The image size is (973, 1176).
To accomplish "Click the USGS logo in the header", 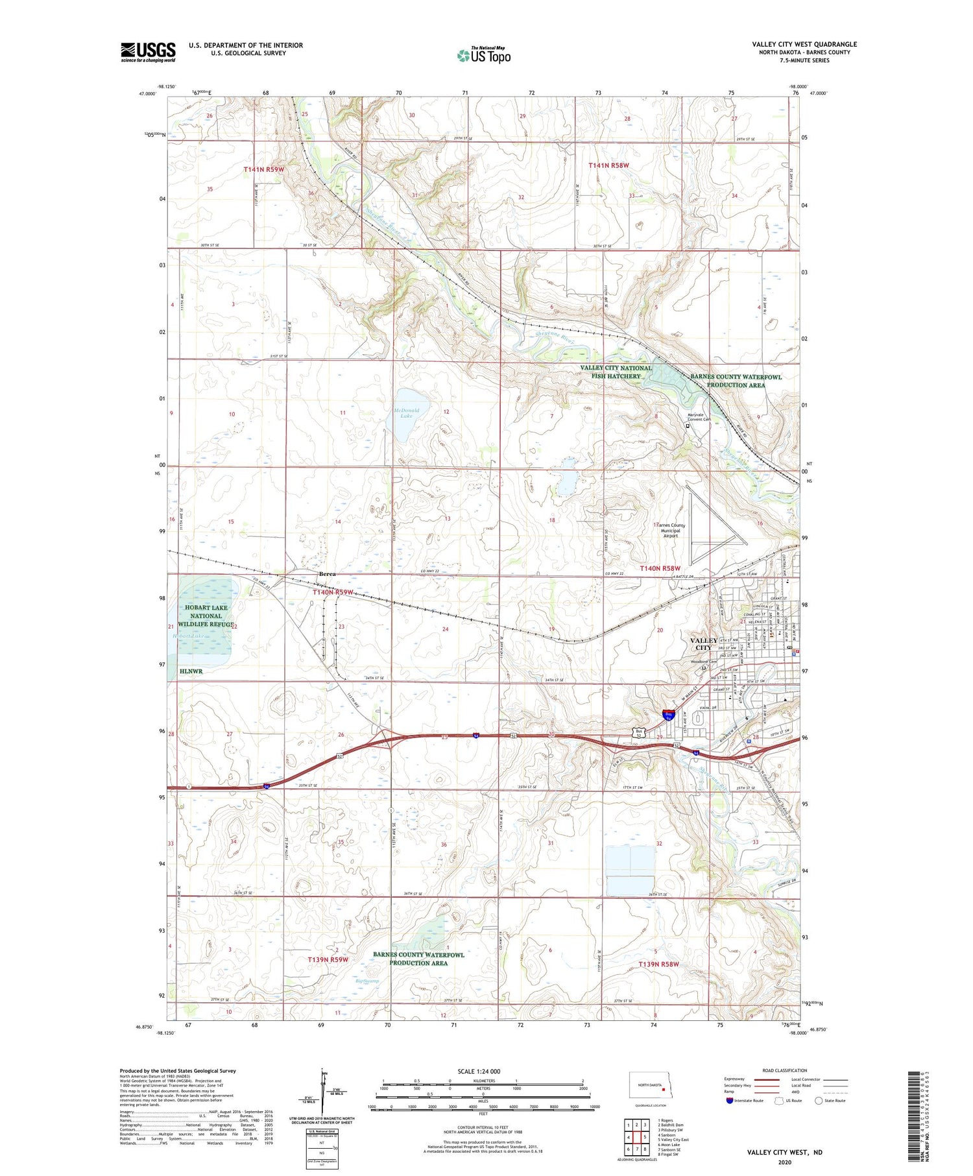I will [148, 52].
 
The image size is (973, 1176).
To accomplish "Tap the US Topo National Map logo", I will [484, 55].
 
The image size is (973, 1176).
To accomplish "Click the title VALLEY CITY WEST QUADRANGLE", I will [804, 44].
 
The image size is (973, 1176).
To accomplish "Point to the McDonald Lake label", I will [407, 413].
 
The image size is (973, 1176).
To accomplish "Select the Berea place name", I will [327, 574].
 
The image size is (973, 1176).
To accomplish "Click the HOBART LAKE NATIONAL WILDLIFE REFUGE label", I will [206, 616].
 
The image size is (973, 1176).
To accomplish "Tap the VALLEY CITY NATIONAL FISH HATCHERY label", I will [616, 372].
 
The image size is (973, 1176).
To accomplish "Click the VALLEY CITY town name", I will [704, 643].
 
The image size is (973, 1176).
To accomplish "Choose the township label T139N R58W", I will [658, 964].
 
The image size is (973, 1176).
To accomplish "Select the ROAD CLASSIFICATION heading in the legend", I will [785, 1070].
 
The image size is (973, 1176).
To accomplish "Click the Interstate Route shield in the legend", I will [730, 1101].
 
